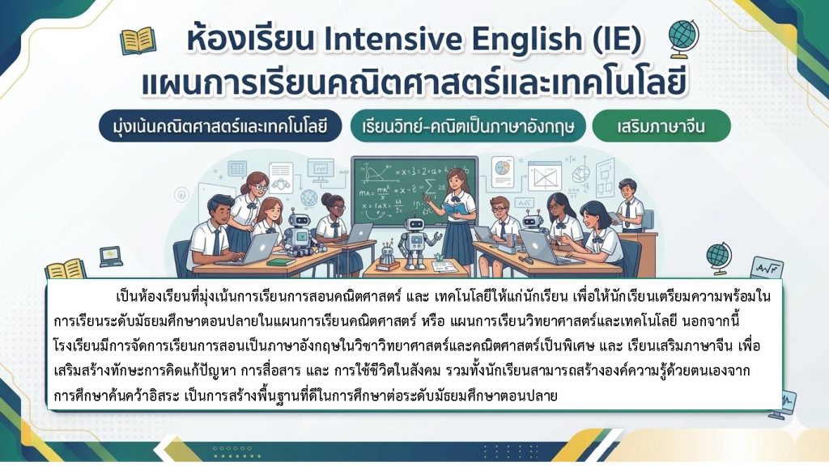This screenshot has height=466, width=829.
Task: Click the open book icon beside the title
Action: coord(138,41)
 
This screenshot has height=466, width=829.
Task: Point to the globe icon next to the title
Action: coord(683,38)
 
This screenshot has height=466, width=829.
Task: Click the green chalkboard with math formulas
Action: coord(414,191)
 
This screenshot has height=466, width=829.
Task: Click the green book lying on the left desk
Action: coord(281,261)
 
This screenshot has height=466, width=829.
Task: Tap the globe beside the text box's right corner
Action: coord(718,258)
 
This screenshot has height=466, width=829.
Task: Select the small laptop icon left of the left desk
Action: coord(111,256)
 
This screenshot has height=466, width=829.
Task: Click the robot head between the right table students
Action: coord(532,218)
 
